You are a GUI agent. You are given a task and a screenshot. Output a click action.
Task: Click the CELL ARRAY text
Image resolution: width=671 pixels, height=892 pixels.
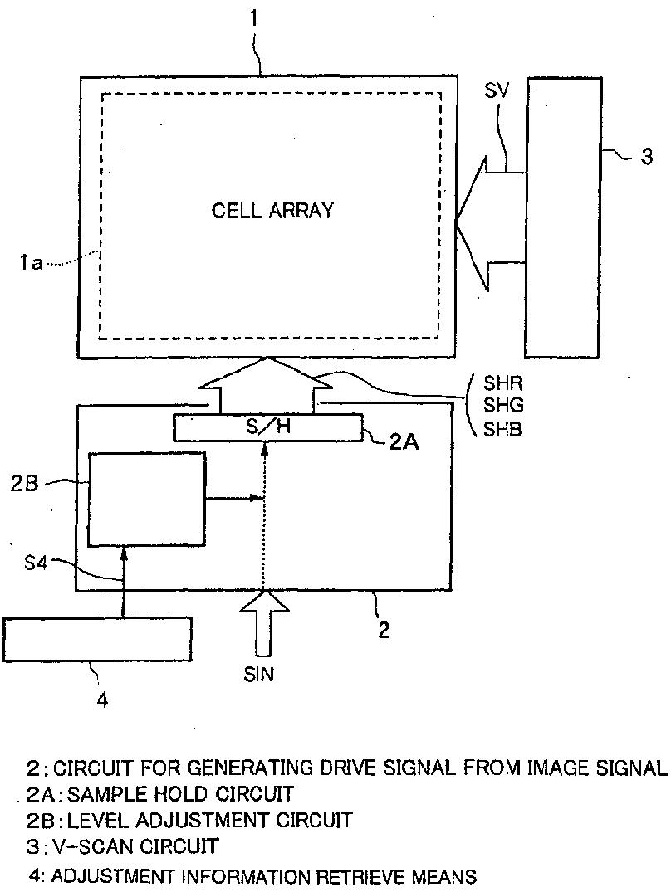pyautogui.click(x=272, y=210)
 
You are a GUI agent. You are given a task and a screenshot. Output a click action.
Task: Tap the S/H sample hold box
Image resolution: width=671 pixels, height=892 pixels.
pyautogui.click(x=267, y=428)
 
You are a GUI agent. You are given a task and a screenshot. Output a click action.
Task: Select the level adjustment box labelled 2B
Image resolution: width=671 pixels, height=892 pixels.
pyautogui.click(x=147, y=499)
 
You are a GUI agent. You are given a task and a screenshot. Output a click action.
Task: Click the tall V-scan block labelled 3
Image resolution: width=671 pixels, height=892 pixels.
pyautogui.click(x=565, y=217)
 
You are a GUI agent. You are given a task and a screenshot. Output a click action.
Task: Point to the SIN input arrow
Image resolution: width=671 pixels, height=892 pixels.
pyautogui.click(x=265, y=618)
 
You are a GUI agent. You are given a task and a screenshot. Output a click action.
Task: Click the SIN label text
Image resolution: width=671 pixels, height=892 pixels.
pyautogui.click(x=258, y=675)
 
